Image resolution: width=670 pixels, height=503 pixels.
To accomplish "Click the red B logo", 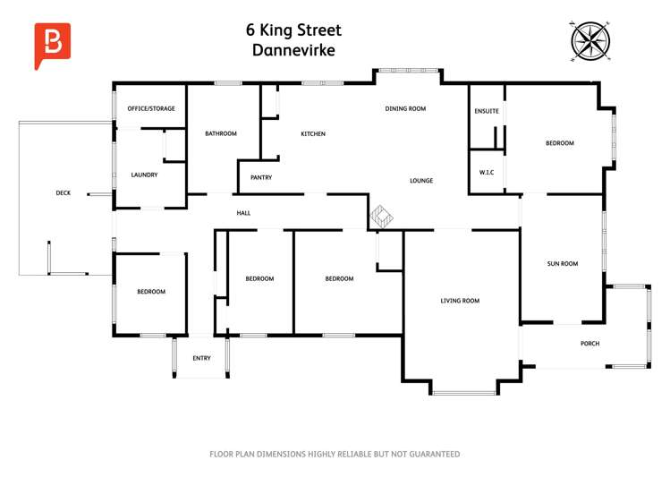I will pos(51,44).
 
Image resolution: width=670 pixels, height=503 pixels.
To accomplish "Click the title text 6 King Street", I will pos(293,30).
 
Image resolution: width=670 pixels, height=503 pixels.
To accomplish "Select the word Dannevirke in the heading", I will pos(293,51).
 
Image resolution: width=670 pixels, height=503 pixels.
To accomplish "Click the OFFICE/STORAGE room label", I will pos(151,109).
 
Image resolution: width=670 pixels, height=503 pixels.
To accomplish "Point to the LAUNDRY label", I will pos(144,175).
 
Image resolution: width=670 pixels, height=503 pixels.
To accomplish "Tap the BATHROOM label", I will pos(221,134).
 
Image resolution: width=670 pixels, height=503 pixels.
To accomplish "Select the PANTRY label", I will pos(261,177).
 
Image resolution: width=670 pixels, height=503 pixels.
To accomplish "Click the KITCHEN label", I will pos(313,134).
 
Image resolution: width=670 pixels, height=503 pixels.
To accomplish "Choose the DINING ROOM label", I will pos(405,109).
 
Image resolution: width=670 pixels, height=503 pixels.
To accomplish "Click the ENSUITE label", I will pos(487,111).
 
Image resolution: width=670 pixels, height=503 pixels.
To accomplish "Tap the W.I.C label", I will pos(487,172).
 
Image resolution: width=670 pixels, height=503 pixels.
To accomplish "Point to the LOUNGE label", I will pos(421,181).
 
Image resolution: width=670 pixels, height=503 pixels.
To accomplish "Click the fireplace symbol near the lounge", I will pos(383,216).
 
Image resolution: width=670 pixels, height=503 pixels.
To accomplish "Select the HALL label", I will pos(243,213).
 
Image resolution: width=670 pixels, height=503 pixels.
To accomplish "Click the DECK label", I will pos(63,192).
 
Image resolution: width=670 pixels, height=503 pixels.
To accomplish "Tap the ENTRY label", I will pos(202,359).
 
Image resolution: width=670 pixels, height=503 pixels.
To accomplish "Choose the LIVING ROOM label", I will pos(460,301).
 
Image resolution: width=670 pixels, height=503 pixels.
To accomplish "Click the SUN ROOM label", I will pos(563,264).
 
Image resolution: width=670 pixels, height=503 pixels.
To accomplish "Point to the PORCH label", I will pos(589,344).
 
